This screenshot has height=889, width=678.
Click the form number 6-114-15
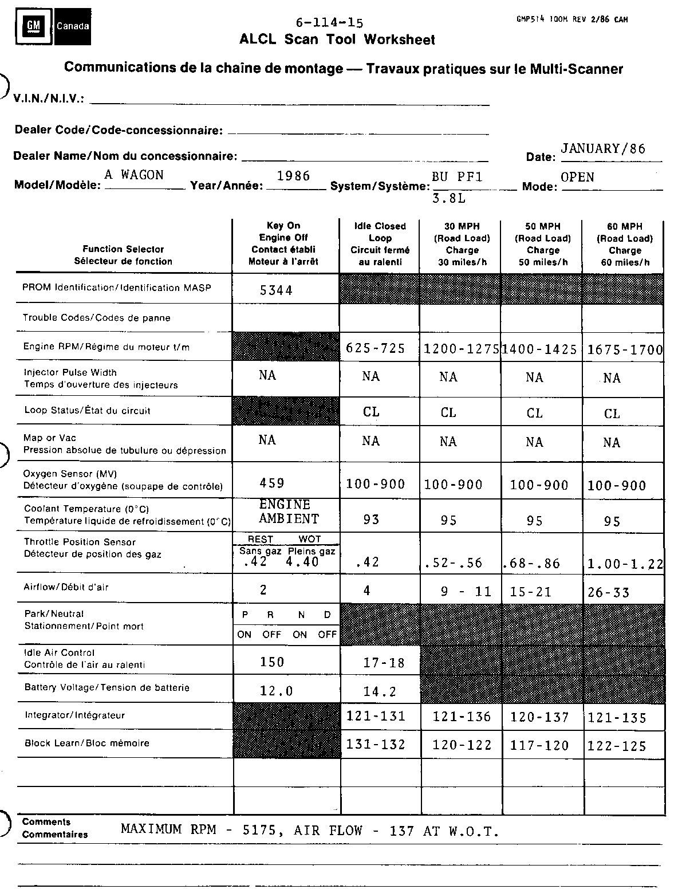(329, 23)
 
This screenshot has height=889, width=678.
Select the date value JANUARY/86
(603, 149)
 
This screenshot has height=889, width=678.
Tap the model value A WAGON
(134, 175)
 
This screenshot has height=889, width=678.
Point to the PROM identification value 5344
(276, 290)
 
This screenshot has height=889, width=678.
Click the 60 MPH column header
(624, 244)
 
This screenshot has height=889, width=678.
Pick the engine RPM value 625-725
(375, 348)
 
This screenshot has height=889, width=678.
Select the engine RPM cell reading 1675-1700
(625, 350)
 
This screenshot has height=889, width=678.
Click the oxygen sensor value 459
(271, 483)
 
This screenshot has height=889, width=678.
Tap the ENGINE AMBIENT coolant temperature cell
(288, 512)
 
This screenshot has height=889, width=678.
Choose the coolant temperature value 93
(372, 520)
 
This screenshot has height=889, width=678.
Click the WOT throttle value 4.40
(302, 562)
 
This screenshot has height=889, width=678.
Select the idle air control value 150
(271, 662)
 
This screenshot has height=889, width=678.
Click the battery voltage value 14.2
(380, 692)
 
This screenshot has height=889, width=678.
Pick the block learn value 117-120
(539, 745)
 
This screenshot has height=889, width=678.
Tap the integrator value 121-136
(462, 717)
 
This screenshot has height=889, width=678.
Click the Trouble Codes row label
(96, 318)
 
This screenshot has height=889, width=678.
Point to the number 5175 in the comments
(265, 830)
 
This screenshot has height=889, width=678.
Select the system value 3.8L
(448, 199)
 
